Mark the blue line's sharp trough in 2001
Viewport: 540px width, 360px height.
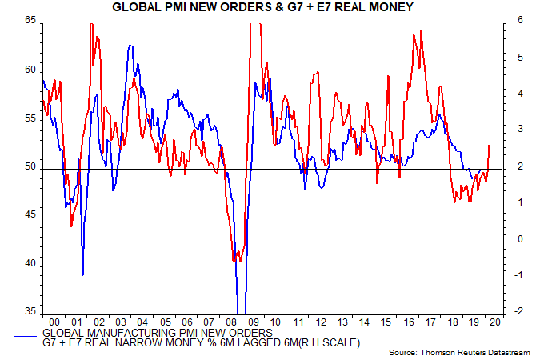click(82, 274)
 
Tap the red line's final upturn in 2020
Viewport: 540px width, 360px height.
click(490, 146)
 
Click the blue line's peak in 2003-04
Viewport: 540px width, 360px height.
click(130, 46)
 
